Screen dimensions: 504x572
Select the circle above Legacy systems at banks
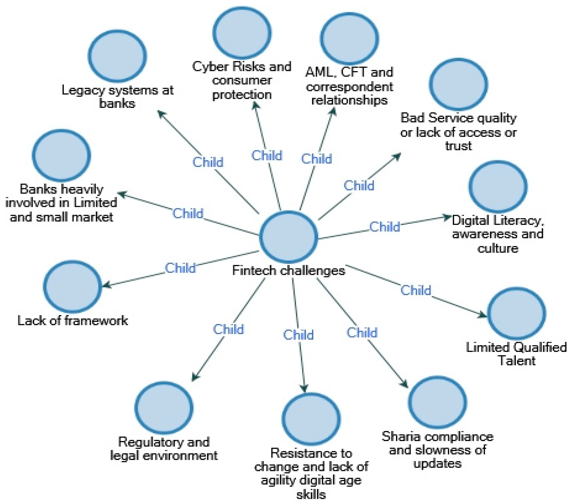117,56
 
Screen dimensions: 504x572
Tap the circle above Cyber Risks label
242,33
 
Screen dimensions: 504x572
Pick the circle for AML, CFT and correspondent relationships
350,38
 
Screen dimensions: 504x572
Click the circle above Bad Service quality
458,84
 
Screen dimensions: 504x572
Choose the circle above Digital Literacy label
498,186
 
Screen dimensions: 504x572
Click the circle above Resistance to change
311,419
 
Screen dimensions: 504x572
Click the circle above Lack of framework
73,287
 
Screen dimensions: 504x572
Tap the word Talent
517,361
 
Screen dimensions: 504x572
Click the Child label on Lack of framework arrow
180,268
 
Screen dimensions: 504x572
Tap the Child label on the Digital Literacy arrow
384,227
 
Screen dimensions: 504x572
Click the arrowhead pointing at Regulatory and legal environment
194,377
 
